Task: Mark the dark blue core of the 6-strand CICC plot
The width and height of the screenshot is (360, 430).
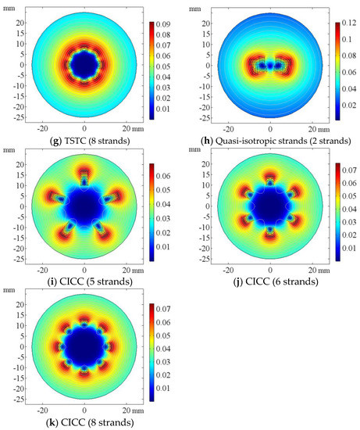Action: [x=269, y=206]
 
